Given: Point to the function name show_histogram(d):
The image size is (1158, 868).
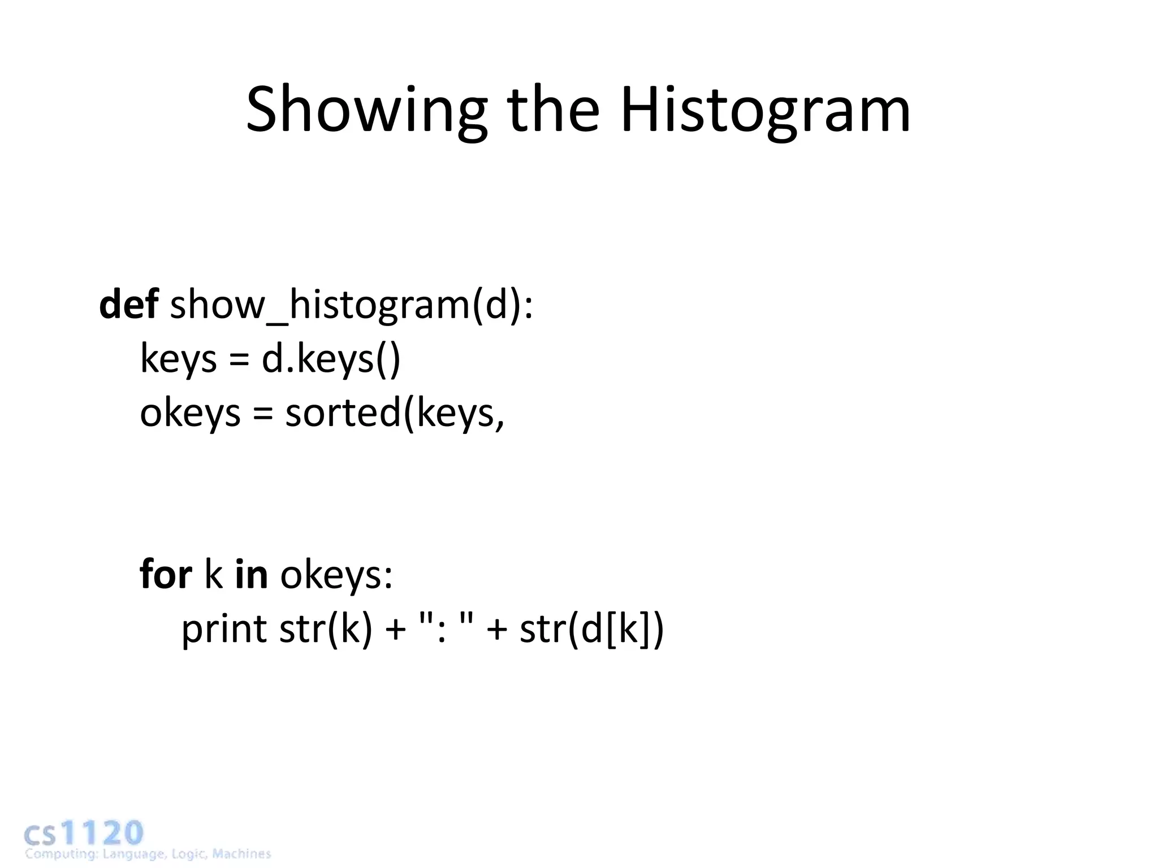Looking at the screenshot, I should [351, 306].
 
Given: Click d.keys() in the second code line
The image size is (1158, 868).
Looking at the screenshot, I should [331, 359].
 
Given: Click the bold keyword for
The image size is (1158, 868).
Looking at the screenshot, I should [166, 574].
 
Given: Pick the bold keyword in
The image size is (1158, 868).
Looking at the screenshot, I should [251, 574].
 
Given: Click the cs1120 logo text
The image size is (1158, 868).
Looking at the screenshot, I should [84, 833].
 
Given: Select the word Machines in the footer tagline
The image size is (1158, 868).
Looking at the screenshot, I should [241, 854].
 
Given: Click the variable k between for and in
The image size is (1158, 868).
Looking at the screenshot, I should [213, 574].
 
